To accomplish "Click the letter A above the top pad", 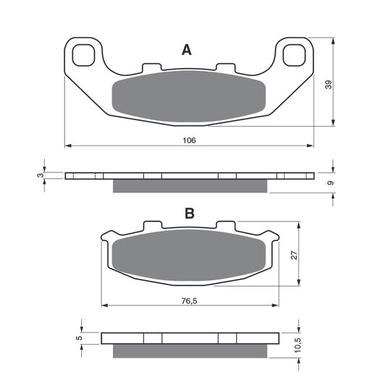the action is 187,50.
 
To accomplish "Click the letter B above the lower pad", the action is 190,214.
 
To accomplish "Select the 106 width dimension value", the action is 189,140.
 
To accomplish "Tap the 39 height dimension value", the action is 329,85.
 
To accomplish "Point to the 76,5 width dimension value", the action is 189,301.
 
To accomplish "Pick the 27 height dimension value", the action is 294,255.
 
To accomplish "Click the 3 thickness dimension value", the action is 40,175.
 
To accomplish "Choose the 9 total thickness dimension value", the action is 330,183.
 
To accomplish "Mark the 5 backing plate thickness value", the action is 79,338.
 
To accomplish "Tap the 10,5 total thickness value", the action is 298,345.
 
